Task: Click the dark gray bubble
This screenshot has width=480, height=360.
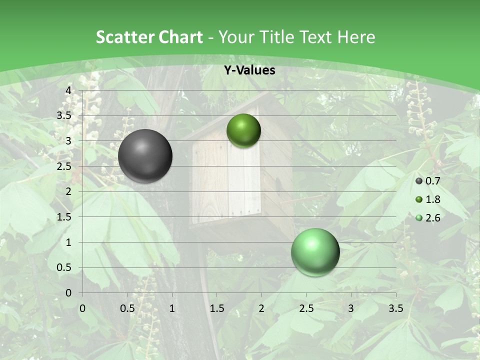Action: (145, 156)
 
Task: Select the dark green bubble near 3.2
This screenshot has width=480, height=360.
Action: (243, 130)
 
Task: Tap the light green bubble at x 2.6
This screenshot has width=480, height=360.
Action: (315, 252)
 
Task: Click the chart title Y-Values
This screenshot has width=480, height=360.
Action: (249, 70)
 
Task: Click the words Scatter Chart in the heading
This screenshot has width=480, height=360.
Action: (149, 37)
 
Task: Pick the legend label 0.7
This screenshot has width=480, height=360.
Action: (432, 181)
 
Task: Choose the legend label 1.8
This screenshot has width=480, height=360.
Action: (432, 199)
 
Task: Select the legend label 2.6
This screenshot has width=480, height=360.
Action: (432, 217)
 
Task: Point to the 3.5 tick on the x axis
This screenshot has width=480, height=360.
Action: (395, 308)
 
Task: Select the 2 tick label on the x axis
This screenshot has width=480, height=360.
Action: (261, 308)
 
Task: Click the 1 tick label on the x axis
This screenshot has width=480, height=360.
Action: (172, 308)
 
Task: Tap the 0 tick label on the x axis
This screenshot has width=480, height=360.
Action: (82, 308)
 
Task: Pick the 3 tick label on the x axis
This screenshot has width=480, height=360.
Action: (351, 308)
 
